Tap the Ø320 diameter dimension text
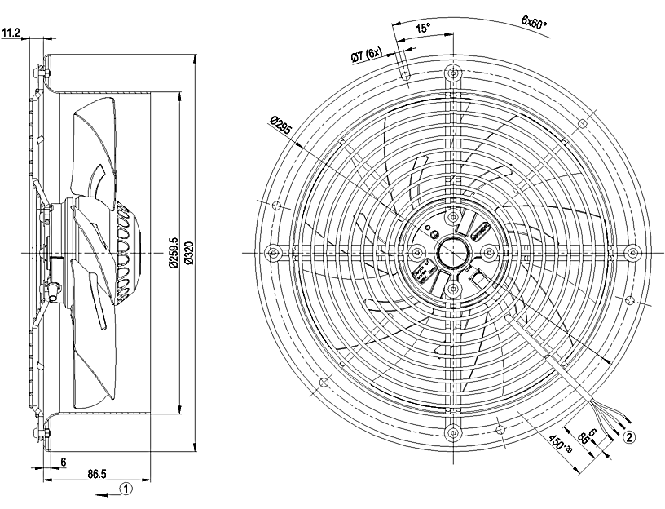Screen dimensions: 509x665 click(189, 252)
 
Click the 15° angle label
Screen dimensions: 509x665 click(422, 29)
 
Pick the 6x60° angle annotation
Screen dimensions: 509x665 click(535, 23)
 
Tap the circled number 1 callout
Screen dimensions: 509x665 click(126, 489)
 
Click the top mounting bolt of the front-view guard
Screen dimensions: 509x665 click(451, 73)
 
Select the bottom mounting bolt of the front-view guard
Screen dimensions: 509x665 click(451, 433)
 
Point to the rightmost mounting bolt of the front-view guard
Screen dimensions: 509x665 click(630, 253)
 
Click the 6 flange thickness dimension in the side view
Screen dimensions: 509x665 click(62, 461)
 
